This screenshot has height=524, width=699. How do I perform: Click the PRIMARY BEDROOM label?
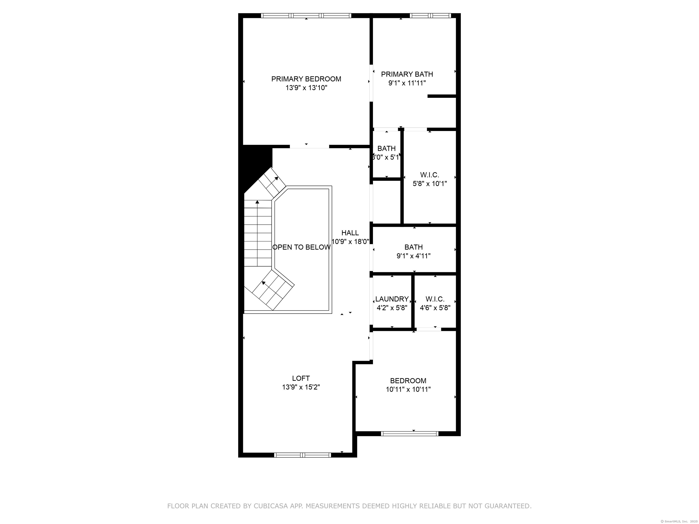[x=306, y=79]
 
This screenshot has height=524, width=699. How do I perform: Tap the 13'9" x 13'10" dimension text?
[x=306, y=88]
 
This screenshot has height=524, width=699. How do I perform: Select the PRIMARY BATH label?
[x=407, y=74]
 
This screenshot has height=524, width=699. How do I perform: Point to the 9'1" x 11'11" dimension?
[x=407, y=83]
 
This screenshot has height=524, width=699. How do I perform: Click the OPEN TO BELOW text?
[x=301, y=247]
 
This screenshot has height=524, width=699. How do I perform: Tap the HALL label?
[x=350, y=233]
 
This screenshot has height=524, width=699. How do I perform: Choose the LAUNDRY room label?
[x=392, y=299]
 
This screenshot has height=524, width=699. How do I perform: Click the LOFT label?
[x=301, y=378]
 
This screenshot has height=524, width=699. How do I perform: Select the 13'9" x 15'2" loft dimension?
[x=301, y=387]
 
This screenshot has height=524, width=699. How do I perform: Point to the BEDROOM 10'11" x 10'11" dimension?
[x=408, y=389]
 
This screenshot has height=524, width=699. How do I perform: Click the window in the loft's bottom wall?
[x=302, y=455]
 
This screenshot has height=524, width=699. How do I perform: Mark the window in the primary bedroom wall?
[x=306, y=15]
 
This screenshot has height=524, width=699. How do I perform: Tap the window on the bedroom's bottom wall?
[x=410, y=433]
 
